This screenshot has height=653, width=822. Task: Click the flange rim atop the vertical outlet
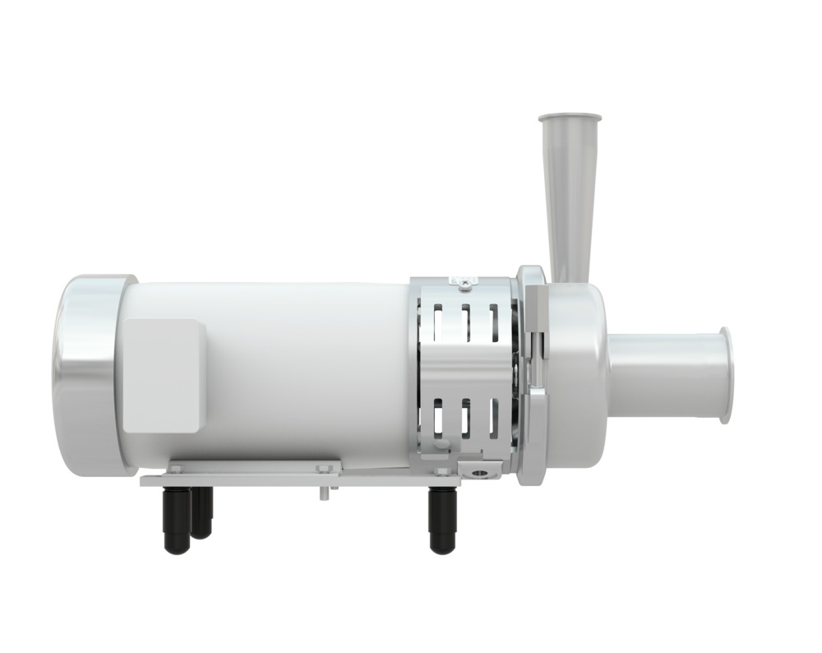570,118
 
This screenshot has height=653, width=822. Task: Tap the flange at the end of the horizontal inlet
725,375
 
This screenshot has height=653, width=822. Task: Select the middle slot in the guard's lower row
465,419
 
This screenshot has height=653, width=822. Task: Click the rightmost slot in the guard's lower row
493,419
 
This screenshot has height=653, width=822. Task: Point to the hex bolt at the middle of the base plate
323,469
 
